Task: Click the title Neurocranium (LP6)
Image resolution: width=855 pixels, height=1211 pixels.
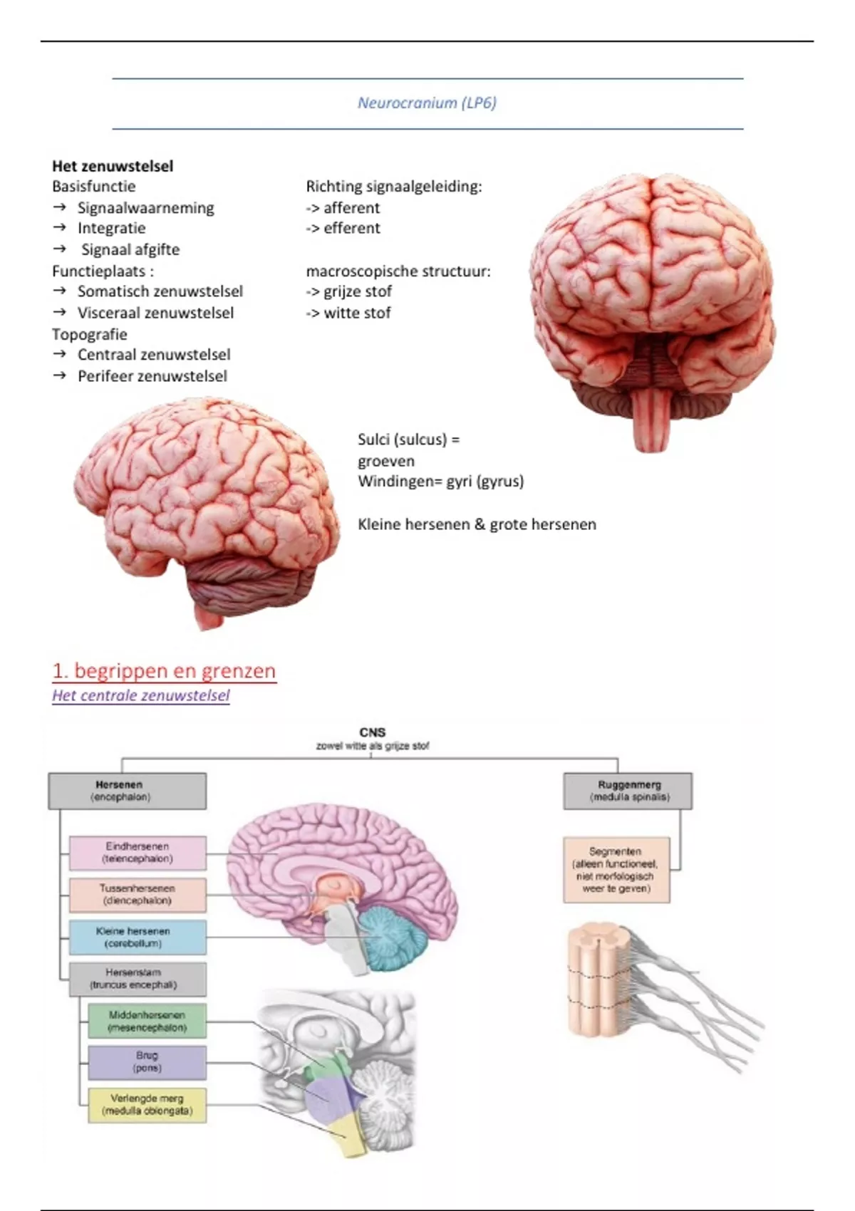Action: pyautogui.click(x=427, y=103)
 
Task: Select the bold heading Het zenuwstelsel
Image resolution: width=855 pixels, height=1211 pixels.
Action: pyautogui.click(x=113, y=166)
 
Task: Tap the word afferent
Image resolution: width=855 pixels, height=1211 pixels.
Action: pyautogui.click(x=351, y=208)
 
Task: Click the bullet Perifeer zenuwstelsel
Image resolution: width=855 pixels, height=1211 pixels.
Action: pyautogui.click(x=152, y=376)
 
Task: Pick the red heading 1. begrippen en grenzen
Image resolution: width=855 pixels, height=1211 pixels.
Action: pyautogui.click(x=164, y=671)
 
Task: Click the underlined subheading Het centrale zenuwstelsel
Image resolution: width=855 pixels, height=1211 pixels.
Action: pyautogui.click(x=141, y=695)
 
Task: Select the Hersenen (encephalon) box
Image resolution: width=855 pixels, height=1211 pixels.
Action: pyautogui.click(x=128, y=791)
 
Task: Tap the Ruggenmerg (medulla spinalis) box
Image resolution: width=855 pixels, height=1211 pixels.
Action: pyautogui.click(x=628, y=791)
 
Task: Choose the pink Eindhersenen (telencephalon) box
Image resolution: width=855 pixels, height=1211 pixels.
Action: pyautogui.click(x=138, y=853)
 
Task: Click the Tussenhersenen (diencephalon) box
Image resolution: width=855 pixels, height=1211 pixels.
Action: pyautogui.click(x=138, y=895)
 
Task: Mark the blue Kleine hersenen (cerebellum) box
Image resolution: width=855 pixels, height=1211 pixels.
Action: pyautogui.click(x=138, y=937)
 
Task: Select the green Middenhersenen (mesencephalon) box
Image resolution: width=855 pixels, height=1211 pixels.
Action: pyautogui.click(x=147, y=1021)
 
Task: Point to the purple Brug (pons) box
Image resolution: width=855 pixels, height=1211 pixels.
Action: pyautogui.click(x=147, y=1062)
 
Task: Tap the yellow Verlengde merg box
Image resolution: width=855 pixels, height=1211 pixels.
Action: pyautogui.click(x=147, y=1105)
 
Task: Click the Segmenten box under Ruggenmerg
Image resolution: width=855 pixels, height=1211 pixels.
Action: pyautogui.click(x=616, y=870)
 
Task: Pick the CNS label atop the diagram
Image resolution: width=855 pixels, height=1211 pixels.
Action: pyautogui.click(x=373, y=732)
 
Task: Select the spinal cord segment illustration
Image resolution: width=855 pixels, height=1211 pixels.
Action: pyautogui.click(x=598, y=979)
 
